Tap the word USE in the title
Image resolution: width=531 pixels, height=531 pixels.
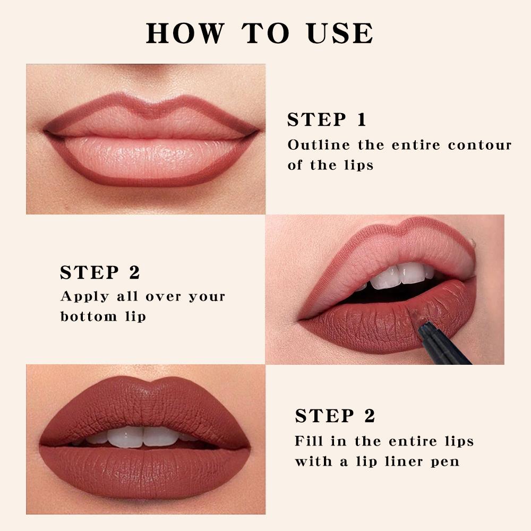pyautogui.click(x=340, y=33)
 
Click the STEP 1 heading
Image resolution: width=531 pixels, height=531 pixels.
pyautogui.click(x=327, y=120)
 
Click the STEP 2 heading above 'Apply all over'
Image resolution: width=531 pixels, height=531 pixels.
pyautogui.click(x=100, y=272)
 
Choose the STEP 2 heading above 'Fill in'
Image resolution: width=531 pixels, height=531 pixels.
pyautogui.click(x=335, y=416)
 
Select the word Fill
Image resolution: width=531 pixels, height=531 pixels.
pyautogui.click(x=307, y=441)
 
